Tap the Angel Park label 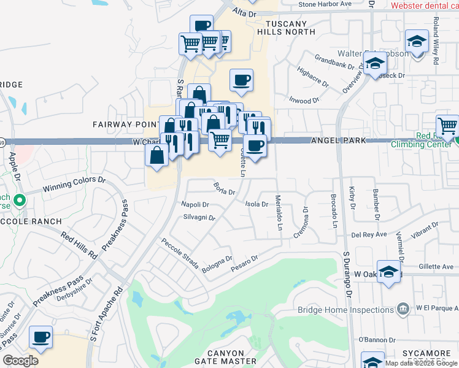pos(338,140)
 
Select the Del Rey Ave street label pos(369,234)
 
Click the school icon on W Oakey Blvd pos(388,272)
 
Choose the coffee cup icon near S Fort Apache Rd pos(40,337)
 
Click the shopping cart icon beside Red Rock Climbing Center pos(448,126)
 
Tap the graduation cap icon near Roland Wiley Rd pos(417,42)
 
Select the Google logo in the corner pos(20,361)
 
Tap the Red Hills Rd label pos(79,245)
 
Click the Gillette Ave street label pos(435,267)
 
